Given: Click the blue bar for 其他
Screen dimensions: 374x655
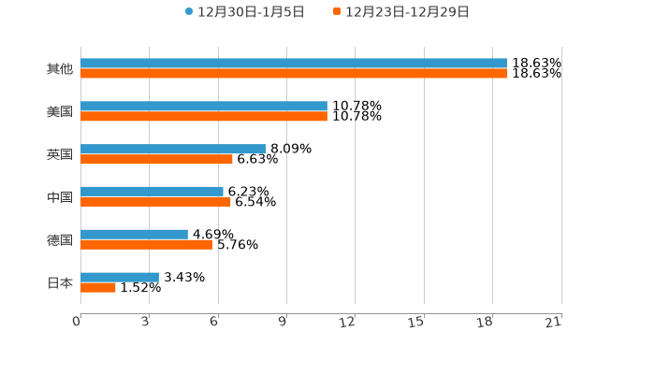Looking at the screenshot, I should tap(294, 64).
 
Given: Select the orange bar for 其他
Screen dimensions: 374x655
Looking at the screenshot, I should tap(294, 74).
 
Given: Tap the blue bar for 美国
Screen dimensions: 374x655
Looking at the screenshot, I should tap(204, 107).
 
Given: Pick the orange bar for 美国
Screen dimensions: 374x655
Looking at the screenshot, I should tap(204, 117).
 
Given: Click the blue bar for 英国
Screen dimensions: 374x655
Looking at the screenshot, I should tap(173, 149).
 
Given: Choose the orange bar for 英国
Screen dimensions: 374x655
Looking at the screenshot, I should tap(156, 159).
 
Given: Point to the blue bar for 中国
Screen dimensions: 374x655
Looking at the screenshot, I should tap(152, 192).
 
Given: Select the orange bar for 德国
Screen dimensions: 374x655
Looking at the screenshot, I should tap(146, 245).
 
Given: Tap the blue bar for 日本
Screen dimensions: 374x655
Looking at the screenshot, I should tap(120, 277).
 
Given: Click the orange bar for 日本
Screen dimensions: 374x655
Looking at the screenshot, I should tap(98, 288).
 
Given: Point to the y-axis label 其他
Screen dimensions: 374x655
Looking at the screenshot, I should tap(60, 69).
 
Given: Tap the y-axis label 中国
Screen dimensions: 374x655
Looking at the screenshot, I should tap(60, 197).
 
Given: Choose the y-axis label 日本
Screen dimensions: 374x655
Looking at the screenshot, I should tap(60, 282).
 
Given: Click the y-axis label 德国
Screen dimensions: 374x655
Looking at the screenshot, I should tap(60, 240).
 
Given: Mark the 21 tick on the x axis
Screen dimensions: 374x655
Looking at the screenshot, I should tap(553, 323).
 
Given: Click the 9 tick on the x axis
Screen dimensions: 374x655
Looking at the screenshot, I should tap(283, 323).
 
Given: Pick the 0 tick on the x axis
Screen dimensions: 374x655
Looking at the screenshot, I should tap(77, 323).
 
